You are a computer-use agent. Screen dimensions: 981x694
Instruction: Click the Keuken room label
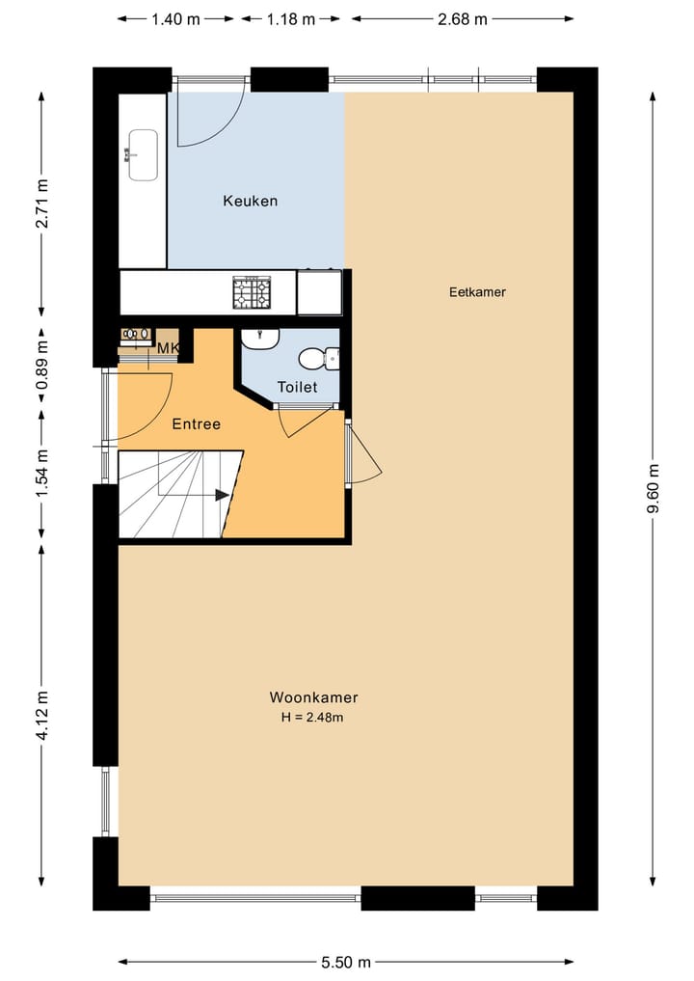point(250,201)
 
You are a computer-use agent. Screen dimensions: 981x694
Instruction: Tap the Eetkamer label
point(477,292)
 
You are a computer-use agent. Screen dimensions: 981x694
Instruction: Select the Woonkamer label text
point(313,697)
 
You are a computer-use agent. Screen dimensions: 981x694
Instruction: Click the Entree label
point(196,423)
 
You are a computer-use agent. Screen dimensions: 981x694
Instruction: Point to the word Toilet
point(296,387)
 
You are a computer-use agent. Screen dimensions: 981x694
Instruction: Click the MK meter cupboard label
point(168,348)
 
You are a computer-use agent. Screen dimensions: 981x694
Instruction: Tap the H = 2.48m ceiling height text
point(313,718)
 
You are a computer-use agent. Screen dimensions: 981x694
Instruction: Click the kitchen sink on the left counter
point(143,154)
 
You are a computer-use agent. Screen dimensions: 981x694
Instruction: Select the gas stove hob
point(251,291)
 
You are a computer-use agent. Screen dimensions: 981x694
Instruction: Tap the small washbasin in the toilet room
point(259,338)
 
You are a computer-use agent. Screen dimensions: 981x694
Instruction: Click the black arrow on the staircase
point(222,495)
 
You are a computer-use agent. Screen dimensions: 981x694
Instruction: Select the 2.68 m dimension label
point(462,18)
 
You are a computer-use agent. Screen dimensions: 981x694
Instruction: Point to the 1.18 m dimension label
point(290,18)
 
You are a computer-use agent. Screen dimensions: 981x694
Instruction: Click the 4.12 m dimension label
point(40,714)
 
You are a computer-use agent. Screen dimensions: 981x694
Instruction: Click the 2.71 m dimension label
point(40,204)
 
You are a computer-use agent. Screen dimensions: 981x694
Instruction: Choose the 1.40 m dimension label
point(176,18)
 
